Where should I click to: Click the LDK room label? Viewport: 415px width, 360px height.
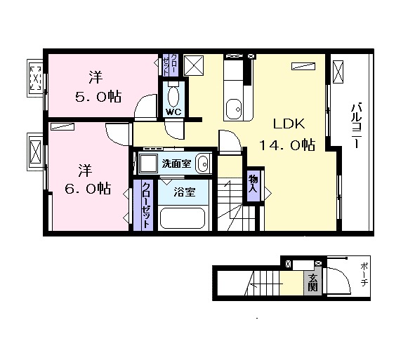coord(289,124)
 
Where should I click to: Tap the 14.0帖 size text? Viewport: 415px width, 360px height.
coord(287,145)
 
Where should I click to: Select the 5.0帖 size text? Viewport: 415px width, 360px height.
coord(98,97)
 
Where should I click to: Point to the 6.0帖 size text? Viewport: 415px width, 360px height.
coord(88,188)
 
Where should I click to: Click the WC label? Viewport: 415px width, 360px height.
coord(173,112)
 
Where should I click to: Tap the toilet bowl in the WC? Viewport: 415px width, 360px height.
coord(173,96)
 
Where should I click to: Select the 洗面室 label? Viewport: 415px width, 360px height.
coord(176,164)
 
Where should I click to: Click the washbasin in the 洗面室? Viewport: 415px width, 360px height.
coord(203,164)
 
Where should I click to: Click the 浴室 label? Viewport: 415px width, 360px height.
coord(185,192)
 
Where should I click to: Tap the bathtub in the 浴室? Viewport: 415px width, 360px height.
coord(183,218)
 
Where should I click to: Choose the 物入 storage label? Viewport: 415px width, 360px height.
coord(253,184)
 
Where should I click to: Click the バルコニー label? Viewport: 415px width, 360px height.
coord(356,125)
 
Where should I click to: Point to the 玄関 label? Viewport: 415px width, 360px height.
coord(312,282)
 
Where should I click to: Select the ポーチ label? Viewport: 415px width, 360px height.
coord(364,275)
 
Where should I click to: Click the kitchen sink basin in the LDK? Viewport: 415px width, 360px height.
coord(234,109)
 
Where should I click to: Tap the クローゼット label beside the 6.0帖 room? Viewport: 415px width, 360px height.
coord(146,205)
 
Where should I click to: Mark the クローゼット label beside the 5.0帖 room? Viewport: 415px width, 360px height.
coord(169,65)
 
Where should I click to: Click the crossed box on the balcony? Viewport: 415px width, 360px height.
coord(338,72)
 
